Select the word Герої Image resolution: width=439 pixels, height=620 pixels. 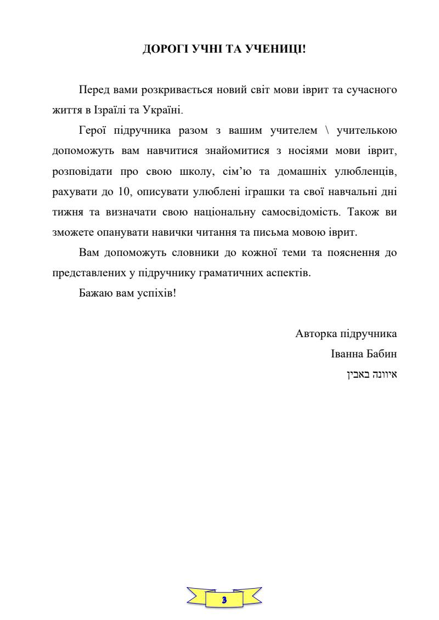(93, 130)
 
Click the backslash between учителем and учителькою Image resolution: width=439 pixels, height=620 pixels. (327, 130)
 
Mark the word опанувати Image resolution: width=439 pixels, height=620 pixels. (114, 232)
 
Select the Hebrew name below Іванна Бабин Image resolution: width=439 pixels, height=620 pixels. (372, 375)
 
